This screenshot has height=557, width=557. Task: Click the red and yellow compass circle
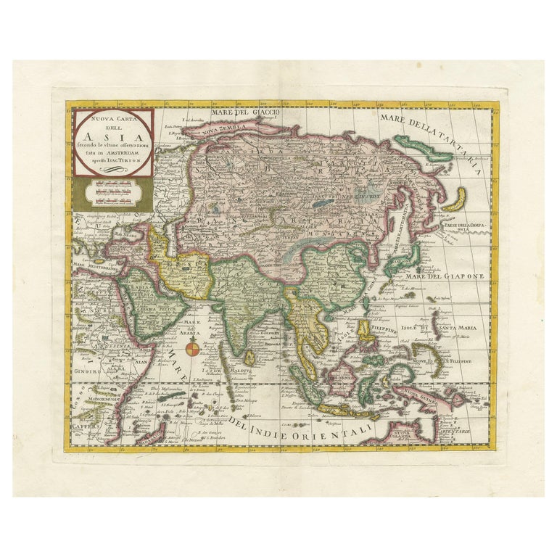pos(193,351)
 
